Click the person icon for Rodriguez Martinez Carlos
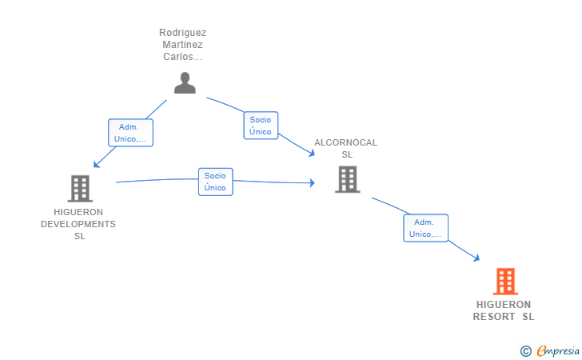click(185, 82)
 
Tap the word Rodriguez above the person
click(182, 33)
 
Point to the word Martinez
click(182, 45)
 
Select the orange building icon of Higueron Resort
click(505, 282)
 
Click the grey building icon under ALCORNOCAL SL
click(347, 179)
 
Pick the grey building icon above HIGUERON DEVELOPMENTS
click(80, 188)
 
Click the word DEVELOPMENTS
click(78, 224)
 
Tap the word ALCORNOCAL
click(345, 142)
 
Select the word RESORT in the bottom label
click(494, 317)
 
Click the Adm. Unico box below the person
click(130, 133)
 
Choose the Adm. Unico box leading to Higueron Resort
click(425, 228)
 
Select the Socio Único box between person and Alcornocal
click(261, 126)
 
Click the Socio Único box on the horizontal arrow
click(215, 182)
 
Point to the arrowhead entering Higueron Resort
click(476, 258)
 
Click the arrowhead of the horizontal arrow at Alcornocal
click(312, 183)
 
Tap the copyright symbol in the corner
click(525, 350)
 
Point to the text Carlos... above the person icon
click(182, 57)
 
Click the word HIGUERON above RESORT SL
click(504, 305)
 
